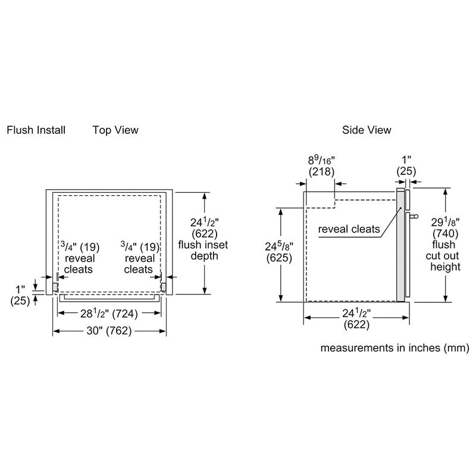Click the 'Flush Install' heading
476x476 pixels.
36,130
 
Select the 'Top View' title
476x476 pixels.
115,130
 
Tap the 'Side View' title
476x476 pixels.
367,130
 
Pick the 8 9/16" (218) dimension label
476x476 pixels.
322,166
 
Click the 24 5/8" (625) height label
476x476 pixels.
262,253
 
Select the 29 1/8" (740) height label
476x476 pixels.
446,227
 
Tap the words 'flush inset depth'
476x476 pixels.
203,250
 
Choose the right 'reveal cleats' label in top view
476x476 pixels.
140,264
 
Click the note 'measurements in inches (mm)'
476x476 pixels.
396,347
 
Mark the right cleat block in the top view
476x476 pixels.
164,287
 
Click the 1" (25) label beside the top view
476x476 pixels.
20,296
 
